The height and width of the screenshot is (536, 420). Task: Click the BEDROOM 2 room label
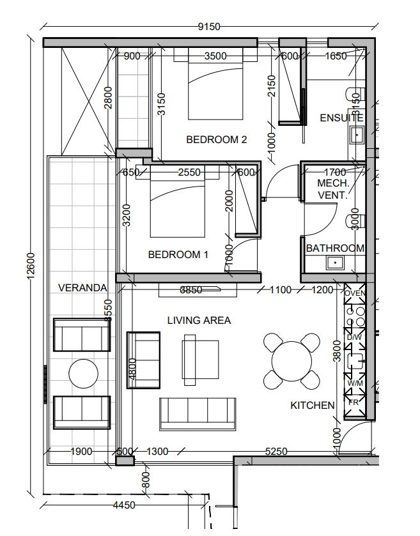[x=216, y=139]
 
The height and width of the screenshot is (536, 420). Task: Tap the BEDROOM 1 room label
[x=178, y=254]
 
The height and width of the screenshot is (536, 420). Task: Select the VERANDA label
[x=82, y=288]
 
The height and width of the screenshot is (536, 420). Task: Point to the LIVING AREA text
[x=199, y=320]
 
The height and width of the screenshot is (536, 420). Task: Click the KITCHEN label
[x=312, y=406]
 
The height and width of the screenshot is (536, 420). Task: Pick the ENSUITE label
[x=341, y=118]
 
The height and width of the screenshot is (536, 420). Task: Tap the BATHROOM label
[x=335, y=248]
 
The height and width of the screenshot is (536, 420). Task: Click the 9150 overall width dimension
[x=209, y=26]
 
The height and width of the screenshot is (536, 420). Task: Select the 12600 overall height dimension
[x=31, y=266]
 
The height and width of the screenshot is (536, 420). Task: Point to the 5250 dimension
[x=276, y=451]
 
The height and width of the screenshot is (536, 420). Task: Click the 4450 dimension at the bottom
[x=124, y=505]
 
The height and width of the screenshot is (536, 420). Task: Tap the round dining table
[x=292, y=361]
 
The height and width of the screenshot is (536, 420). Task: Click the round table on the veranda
[x=84, y=374]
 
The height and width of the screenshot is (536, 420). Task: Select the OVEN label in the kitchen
[x=355, y=293]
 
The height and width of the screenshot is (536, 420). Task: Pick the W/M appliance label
[x=355, y=383]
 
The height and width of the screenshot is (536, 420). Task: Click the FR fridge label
[x=354, y=402]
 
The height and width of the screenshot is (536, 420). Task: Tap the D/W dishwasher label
[x=354, y=337]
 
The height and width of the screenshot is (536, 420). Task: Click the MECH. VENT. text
[x=333, y=189]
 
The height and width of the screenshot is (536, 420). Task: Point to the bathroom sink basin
[x=335, y=263]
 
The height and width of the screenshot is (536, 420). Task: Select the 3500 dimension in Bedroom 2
[x=215, y=56]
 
